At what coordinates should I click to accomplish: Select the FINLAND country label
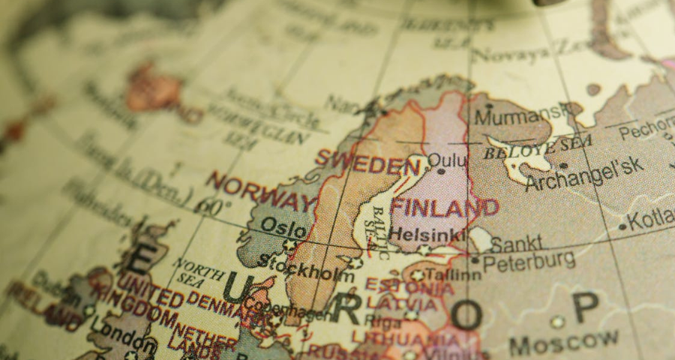[x=445, y=208]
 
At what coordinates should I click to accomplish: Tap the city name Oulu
[x=447, y=161]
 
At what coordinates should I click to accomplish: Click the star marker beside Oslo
[x=290, y=244]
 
